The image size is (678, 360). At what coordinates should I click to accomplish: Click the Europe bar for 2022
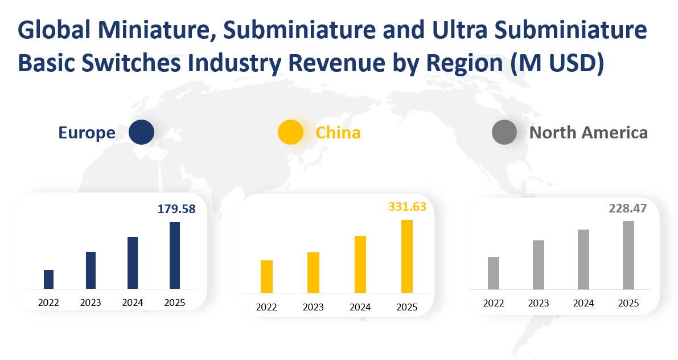pos(48,279)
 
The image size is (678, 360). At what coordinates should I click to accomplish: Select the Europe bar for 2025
pos(175,255)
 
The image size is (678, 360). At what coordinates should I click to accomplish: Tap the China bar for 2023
pos(313,272)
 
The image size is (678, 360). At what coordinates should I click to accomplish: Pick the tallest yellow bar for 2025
pos(406,256)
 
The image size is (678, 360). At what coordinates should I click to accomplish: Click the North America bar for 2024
pos(584,259)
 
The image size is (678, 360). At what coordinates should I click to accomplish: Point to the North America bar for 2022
pos(494,273)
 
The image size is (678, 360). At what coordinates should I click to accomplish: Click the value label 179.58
pos(176,209)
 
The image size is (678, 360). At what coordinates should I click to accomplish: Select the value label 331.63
pos(407,206)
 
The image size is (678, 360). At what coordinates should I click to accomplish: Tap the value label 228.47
pos(628,208)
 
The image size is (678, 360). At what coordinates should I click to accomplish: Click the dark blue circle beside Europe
pos(141,132)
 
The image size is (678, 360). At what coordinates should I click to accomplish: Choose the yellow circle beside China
pos(290,132)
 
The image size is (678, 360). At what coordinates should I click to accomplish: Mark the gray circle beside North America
pos(504,132)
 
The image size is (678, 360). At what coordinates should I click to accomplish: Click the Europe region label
pos(87,133)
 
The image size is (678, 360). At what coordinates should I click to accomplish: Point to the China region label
pos(338,133)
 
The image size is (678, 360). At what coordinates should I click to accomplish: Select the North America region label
pos(589,133)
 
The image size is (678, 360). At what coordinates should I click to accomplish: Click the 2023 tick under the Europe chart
pos(91,302)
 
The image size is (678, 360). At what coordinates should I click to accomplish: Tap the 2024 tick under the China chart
pos(360,308)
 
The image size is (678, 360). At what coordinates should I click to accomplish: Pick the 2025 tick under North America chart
pos(628,304)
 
